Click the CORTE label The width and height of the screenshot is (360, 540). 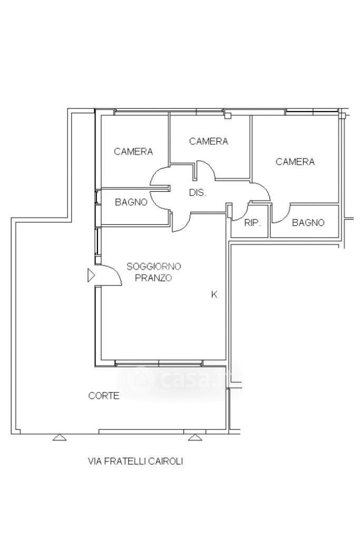(x=104, y=396)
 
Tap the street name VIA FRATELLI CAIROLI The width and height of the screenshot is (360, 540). (x=135, y=461)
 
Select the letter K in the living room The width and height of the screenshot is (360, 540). (x=215, y=294)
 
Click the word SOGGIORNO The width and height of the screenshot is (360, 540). (x=154, y=266)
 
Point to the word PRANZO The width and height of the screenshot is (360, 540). (x=153, y=278)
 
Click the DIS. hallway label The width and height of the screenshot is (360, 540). (x=198, y=192)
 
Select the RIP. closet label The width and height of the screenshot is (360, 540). (x=252, y=223)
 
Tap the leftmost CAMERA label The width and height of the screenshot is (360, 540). (x=133, y=151)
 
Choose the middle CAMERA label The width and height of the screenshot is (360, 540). (x=208, y=141)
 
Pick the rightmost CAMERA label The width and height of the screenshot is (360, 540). (x=295, y=162)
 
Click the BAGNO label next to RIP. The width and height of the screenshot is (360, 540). (x=308, y=222)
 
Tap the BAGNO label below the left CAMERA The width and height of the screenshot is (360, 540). (x=131, y=202)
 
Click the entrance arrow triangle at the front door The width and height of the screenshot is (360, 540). (x=91, y=276)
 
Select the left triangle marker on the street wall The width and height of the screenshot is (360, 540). (x=60, y=437)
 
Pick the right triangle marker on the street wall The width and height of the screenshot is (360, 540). (x=195, y=437)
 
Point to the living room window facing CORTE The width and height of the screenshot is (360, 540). (x=159, y=363)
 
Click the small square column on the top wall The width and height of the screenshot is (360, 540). (x=227, y=115)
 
